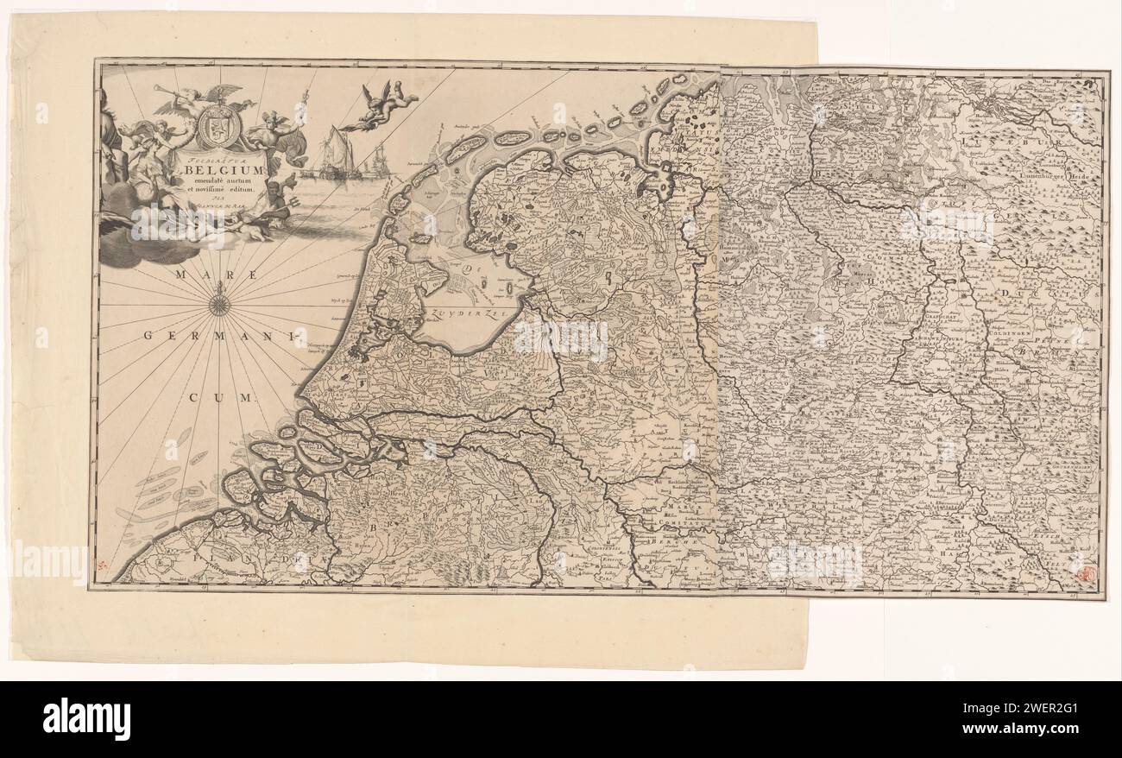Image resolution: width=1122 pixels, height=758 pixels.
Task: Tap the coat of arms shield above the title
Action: point(211,129)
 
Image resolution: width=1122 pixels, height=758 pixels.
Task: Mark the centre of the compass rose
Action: point(219,304)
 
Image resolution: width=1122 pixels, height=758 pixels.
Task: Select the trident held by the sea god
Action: point(285,199)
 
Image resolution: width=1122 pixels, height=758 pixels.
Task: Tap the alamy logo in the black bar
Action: point(86,718)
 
